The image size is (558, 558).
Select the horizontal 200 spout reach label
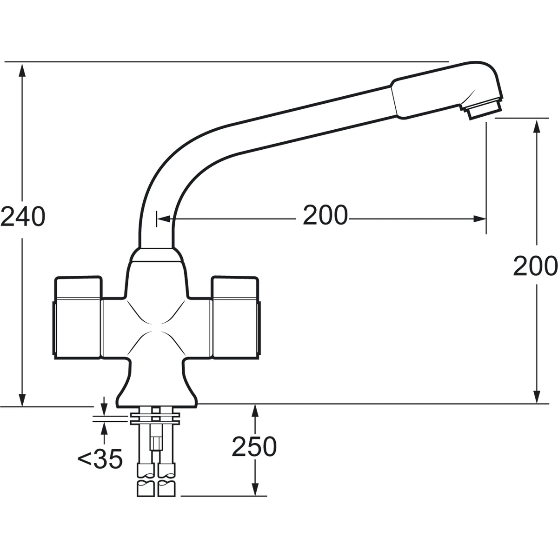[x=325, y=215]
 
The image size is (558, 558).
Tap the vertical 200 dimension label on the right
[x=535, y=266]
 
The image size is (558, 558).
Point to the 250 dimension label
[x=254, y=447]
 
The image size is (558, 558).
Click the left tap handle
[x=78, y=318]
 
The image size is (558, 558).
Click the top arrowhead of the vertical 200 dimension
[x=537, y=124]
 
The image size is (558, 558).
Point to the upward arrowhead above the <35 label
[x=104, y=426]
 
